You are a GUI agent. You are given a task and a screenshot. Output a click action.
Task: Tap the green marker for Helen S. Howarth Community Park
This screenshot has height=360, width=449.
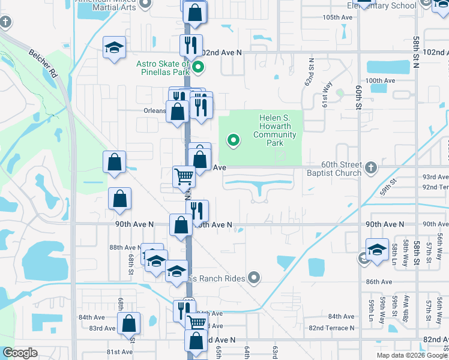234,141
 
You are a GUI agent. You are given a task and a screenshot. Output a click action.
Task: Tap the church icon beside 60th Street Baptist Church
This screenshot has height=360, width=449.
371,167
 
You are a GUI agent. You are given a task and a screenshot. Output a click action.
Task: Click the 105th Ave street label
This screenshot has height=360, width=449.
337,17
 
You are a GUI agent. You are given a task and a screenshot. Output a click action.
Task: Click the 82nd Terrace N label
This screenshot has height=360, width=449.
331,328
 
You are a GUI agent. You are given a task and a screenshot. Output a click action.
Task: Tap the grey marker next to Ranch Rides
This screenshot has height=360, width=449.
255,277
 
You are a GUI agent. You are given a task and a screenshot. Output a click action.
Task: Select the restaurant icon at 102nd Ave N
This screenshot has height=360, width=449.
191,46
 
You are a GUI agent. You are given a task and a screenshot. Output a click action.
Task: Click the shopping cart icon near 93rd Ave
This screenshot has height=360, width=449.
184,177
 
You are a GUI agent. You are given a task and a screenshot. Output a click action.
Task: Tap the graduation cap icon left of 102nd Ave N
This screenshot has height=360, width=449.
113,48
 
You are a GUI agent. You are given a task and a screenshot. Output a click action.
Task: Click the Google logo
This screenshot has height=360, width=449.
20,353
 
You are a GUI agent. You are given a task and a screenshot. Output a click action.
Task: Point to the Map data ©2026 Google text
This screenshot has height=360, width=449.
412,355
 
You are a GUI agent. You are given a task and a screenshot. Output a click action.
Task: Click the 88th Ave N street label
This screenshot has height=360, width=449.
124,247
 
